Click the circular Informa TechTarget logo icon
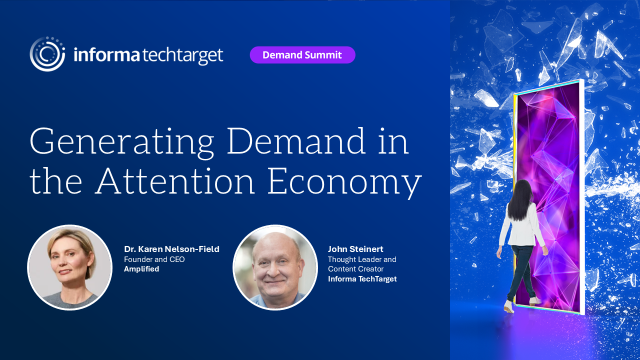(48, 54)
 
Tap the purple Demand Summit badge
(302, 55)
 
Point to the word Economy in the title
(344, 185)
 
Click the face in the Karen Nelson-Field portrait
(68, 262)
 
